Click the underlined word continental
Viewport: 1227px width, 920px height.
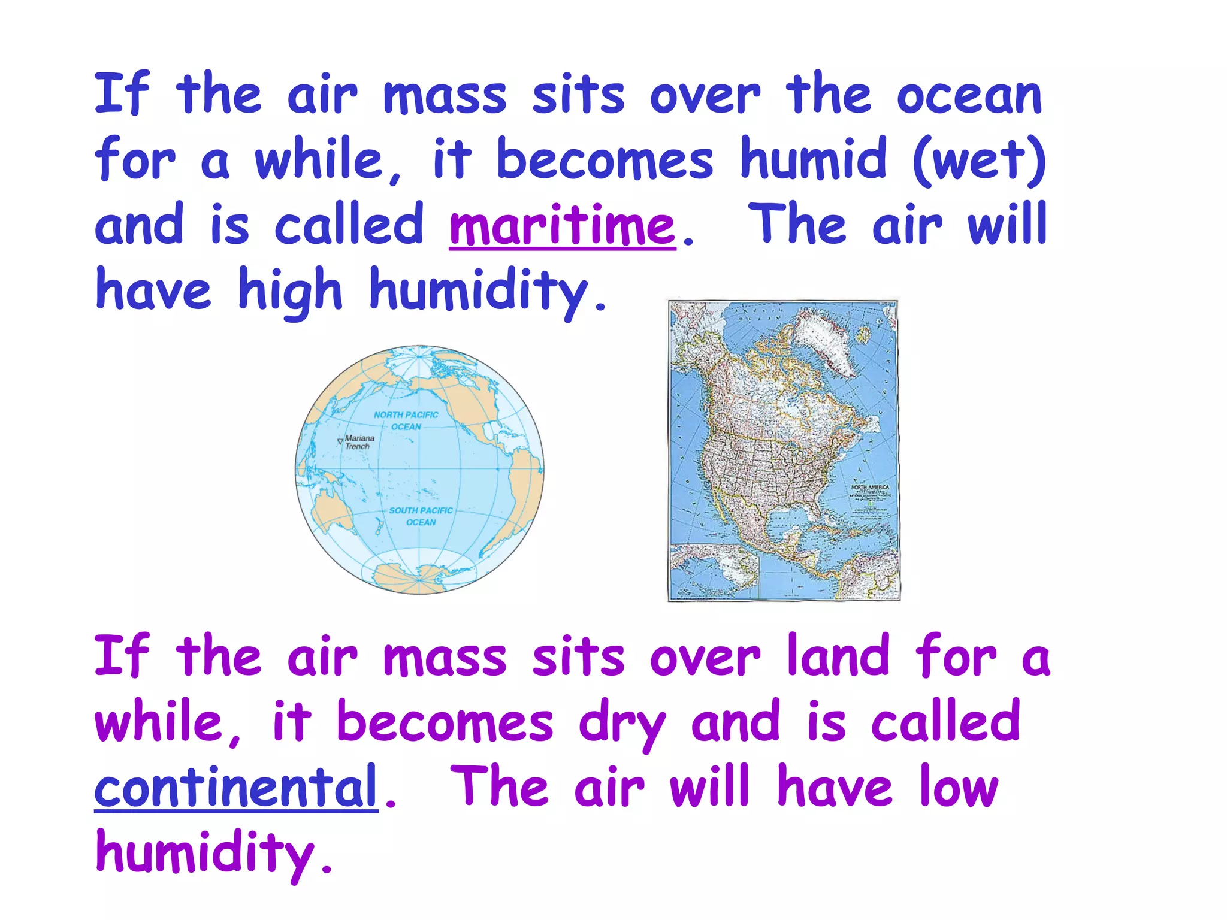(x=236, y=787)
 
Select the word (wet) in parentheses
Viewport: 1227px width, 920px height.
(x=979, y=161)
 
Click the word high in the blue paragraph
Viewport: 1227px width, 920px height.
(x=290, y=291)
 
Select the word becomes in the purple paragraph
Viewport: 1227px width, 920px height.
(x=445, y=722)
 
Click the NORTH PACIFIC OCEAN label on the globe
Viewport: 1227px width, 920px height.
(x=406, y=420)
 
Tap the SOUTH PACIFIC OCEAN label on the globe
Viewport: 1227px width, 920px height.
(x=421, y=516)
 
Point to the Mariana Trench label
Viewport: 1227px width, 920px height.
(x=359, y=442)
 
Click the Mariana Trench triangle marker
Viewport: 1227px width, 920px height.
(x=340, y=441)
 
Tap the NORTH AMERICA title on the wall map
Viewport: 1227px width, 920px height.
(x=870, y=487)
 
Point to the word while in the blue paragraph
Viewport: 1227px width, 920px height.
(x=319, y=161)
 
